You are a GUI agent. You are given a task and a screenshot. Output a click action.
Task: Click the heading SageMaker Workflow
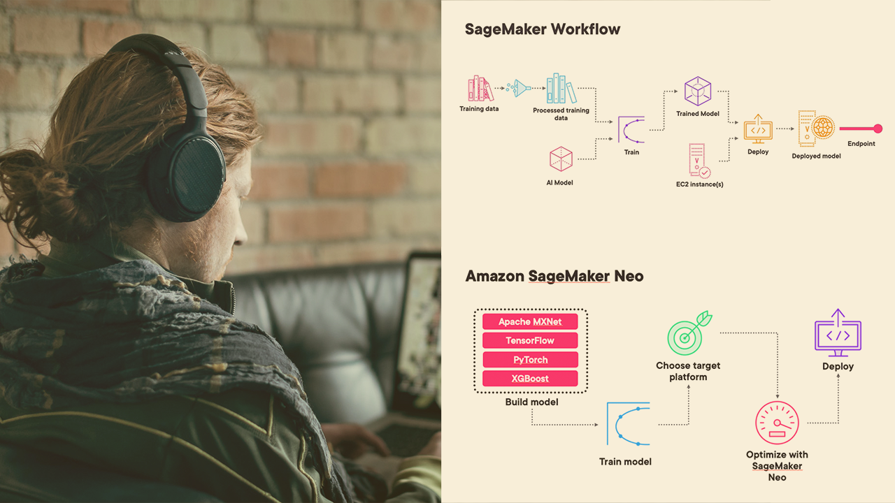(543, 29)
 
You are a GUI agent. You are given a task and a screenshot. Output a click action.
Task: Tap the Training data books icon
(480, 89)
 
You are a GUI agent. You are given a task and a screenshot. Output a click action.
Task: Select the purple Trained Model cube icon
(697, 91)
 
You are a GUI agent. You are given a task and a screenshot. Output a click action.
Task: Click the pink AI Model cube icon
(561, 159)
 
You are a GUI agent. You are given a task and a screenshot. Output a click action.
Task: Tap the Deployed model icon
(817, 129)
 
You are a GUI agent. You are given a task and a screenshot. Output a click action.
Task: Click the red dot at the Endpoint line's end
(878, 129)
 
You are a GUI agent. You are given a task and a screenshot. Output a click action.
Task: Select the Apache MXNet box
(531, 321)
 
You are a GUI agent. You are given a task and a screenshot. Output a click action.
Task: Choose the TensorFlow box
(531, 340)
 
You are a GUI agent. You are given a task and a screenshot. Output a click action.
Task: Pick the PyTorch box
(531, 360)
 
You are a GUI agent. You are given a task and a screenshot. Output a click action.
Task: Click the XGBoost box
(531, 379)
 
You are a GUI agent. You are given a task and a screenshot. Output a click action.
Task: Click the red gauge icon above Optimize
(777, 422)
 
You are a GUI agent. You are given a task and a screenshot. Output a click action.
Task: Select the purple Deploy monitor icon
(838, 333)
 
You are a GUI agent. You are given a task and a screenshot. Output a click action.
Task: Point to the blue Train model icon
(628, 423)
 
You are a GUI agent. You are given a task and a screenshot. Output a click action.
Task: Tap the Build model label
(531, 402)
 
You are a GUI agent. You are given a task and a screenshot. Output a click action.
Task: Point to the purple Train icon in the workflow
(631, 129)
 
